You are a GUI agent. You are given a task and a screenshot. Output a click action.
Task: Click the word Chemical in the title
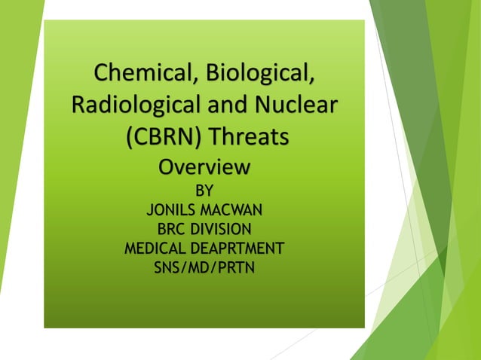(136, 75)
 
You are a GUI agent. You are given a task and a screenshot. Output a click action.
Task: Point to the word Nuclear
(293, 106)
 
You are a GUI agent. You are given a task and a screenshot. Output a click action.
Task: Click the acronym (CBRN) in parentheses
(160, 138)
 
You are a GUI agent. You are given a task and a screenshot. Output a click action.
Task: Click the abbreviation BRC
(170, 229)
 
